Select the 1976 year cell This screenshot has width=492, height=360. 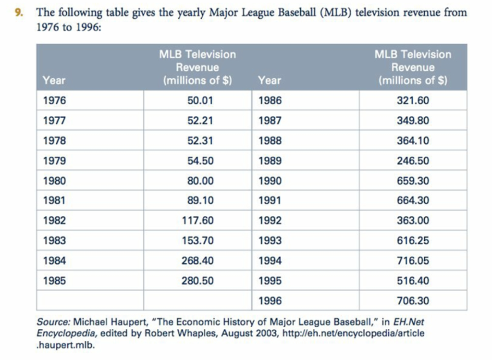[54, 101]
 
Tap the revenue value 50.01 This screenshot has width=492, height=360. [200, 101]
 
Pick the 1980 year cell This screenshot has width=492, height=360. [54, 181]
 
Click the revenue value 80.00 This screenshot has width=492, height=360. [200, 181]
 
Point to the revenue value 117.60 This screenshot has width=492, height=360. [198, 221]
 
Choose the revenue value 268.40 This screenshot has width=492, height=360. [198, 261]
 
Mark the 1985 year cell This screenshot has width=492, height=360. [54, 281]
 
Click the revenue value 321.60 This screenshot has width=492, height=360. [413, 101]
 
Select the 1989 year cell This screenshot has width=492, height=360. [270, 161]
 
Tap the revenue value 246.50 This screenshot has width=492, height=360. [413, 161]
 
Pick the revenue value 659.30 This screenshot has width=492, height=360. [413, 181]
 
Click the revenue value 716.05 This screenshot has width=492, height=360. [413, 261]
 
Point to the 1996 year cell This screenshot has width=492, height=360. [270, 301]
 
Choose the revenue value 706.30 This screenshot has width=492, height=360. [413, 301]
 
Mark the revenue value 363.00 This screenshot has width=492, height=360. [413, 221]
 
